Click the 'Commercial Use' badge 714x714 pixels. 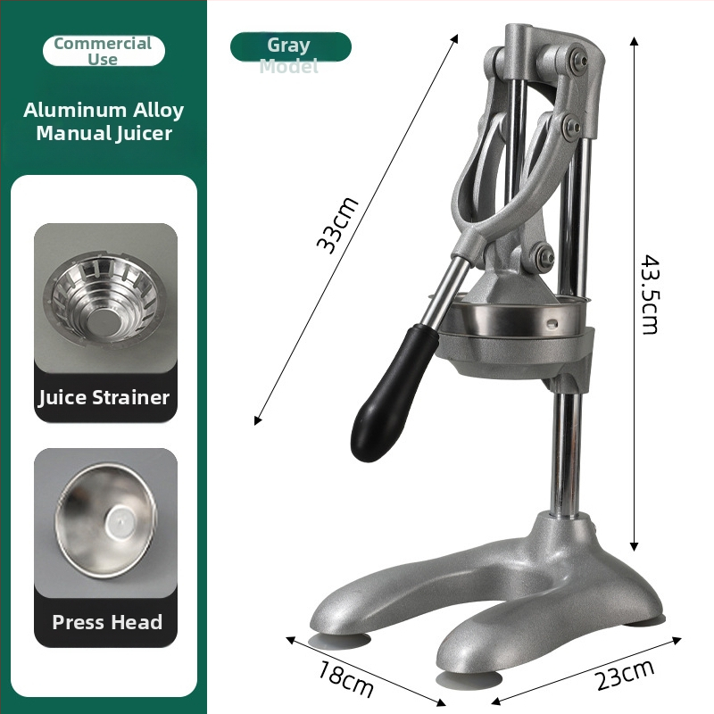[x=104, y=51]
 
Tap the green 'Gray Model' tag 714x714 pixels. [x=291, y=47]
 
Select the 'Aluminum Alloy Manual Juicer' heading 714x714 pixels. [x=104, y=121]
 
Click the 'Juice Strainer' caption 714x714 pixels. [x=104, y=397]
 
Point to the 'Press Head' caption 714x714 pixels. [x=107, y=622]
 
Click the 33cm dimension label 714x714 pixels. [x=337, y=225]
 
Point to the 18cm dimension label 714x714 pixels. [x=345, y=677]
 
